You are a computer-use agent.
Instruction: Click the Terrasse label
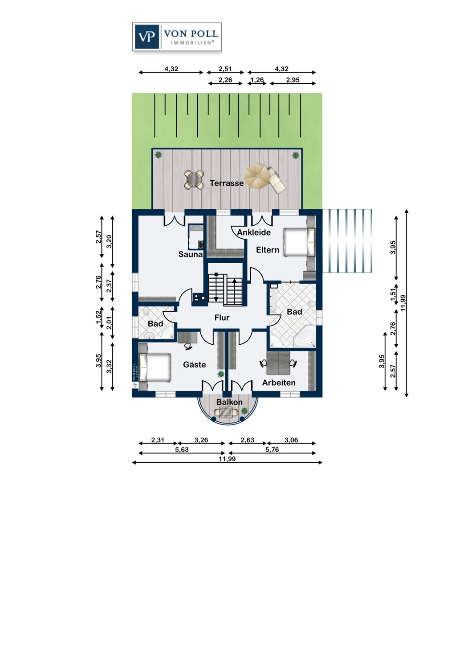227,183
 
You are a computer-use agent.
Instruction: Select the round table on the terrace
194,179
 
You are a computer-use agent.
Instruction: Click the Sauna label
191,254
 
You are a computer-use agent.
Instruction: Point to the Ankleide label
254,232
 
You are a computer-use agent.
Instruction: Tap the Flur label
222,318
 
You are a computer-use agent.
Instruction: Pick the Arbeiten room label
279,383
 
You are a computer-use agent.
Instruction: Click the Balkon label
229,402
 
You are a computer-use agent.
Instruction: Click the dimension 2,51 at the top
225,69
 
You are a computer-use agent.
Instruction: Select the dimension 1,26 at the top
257,80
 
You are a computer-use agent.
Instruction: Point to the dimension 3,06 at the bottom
291,440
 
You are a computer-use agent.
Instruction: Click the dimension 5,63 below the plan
182,449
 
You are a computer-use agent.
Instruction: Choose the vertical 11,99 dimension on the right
403,303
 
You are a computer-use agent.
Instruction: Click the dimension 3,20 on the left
109,241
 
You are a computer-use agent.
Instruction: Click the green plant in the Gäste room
221,374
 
